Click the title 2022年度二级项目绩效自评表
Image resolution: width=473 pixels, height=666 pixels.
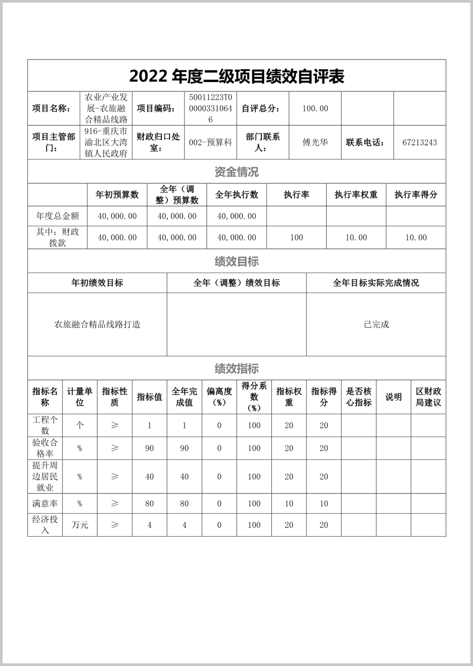[236, 77]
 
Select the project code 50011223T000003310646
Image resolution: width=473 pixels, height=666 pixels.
[211, 108]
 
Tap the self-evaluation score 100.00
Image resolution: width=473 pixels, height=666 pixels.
[315, 108]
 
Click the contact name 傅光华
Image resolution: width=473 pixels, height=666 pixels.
[315, 142]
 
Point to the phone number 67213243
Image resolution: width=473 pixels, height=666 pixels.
[419, 142]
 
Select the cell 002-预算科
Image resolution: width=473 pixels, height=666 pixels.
[211, 142]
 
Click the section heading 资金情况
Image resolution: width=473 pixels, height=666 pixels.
[236, 172]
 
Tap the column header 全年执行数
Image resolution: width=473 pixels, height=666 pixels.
[236, 194]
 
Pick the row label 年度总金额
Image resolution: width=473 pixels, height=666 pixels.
[58, 216]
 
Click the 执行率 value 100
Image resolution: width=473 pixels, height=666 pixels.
[296, 237]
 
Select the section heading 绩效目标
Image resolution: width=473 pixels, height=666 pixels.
[236, 261]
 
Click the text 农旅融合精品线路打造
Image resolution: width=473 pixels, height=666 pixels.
[97, 324]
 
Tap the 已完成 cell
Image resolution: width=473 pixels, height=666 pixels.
[376, 324]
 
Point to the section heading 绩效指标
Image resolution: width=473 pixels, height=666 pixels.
[236, 368]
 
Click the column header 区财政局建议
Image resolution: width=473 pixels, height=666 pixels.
[428, 397]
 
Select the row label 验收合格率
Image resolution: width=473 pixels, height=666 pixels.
[45, 448]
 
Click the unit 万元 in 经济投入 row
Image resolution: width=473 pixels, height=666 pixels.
[80, 525]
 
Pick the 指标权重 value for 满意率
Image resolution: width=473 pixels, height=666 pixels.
[289, 503]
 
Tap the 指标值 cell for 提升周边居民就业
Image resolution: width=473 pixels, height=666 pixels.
[149, 476]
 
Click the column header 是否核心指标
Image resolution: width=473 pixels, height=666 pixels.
[359, 397]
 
